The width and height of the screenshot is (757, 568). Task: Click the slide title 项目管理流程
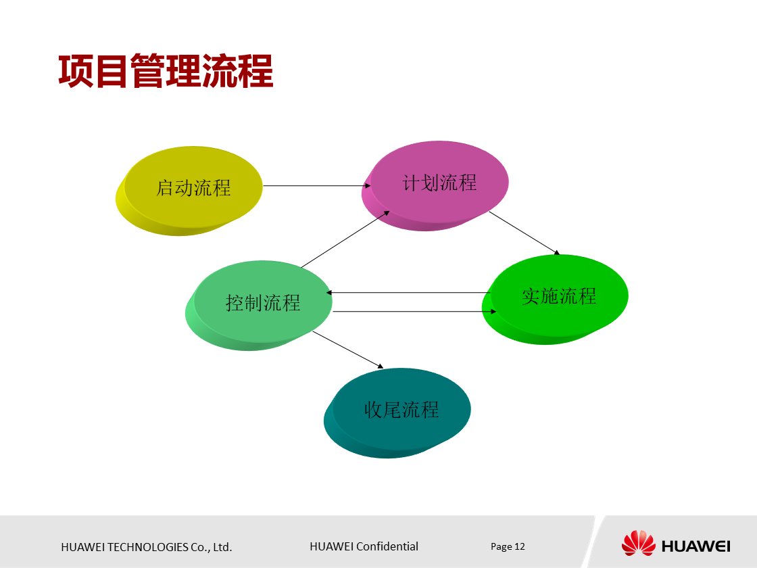pos(166,72)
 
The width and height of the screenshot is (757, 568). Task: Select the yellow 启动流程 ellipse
pos(193,187)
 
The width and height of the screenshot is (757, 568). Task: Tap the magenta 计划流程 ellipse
pos(439,182)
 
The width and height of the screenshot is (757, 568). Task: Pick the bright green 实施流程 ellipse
pos(559,295)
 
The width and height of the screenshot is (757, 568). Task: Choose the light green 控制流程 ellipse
pos(263,302)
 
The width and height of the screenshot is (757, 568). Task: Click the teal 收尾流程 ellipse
pos(401,409)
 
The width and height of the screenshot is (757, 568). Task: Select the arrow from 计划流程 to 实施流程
pos(524,233)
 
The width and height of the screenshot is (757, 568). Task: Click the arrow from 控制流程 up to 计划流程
pos(345,239)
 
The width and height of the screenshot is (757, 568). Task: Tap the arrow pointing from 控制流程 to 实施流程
pos(414,312)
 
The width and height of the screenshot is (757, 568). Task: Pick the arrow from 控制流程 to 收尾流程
pos(347,349)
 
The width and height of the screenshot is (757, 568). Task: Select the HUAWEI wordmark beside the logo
pos(695,546)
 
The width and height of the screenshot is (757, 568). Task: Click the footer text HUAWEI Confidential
pos(364,546)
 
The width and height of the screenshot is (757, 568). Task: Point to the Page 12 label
pos(508,546)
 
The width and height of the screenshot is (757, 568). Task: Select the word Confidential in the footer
pos(387,546)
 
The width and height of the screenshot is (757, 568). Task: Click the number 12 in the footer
pos(520,546)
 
